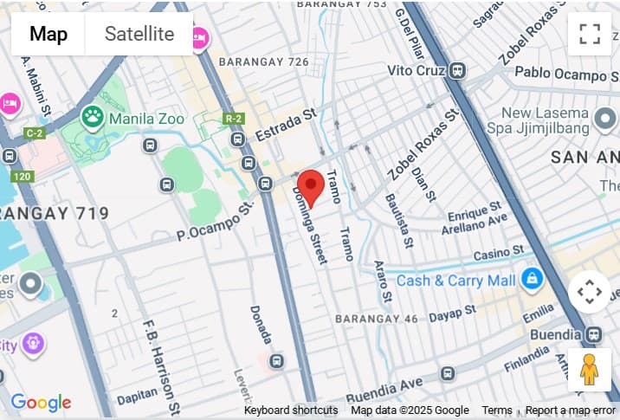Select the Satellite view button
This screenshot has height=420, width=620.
coord(139,35)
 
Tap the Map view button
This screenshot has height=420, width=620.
coord(48,35)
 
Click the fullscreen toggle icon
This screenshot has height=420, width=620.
coord(590,35)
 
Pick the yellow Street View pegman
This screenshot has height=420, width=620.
coord(590,370)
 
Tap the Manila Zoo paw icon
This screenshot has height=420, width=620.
coord(92,115)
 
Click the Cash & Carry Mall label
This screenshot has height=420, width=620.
coord(455,281)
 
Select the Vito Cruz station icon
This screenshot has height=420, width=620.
coord(459,70)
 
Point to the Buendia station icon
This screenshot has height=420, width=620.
coord(594,334)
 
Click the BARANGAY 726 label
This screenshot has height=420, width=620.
coord(263,62)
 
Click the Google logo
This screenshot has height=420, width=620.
coord(41,403)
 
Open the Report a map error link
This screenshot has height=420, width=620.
coord(570,410)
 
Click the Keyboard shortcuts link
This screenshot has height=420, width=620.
coord(291,410)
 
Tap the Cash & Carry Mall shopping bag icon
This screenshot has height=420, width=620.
coord(531,279)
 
